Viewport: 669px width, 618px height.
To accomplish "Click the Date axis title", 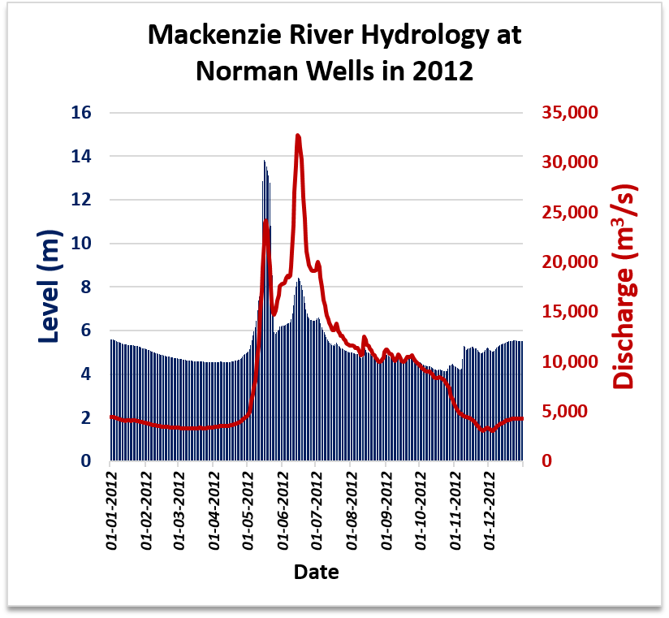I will (316, 572).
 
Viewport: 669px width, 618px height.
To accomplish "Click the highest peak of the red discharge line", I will (298, 136).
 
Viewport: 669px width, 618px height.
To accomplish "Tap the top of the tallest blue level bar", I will (264, 162).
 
